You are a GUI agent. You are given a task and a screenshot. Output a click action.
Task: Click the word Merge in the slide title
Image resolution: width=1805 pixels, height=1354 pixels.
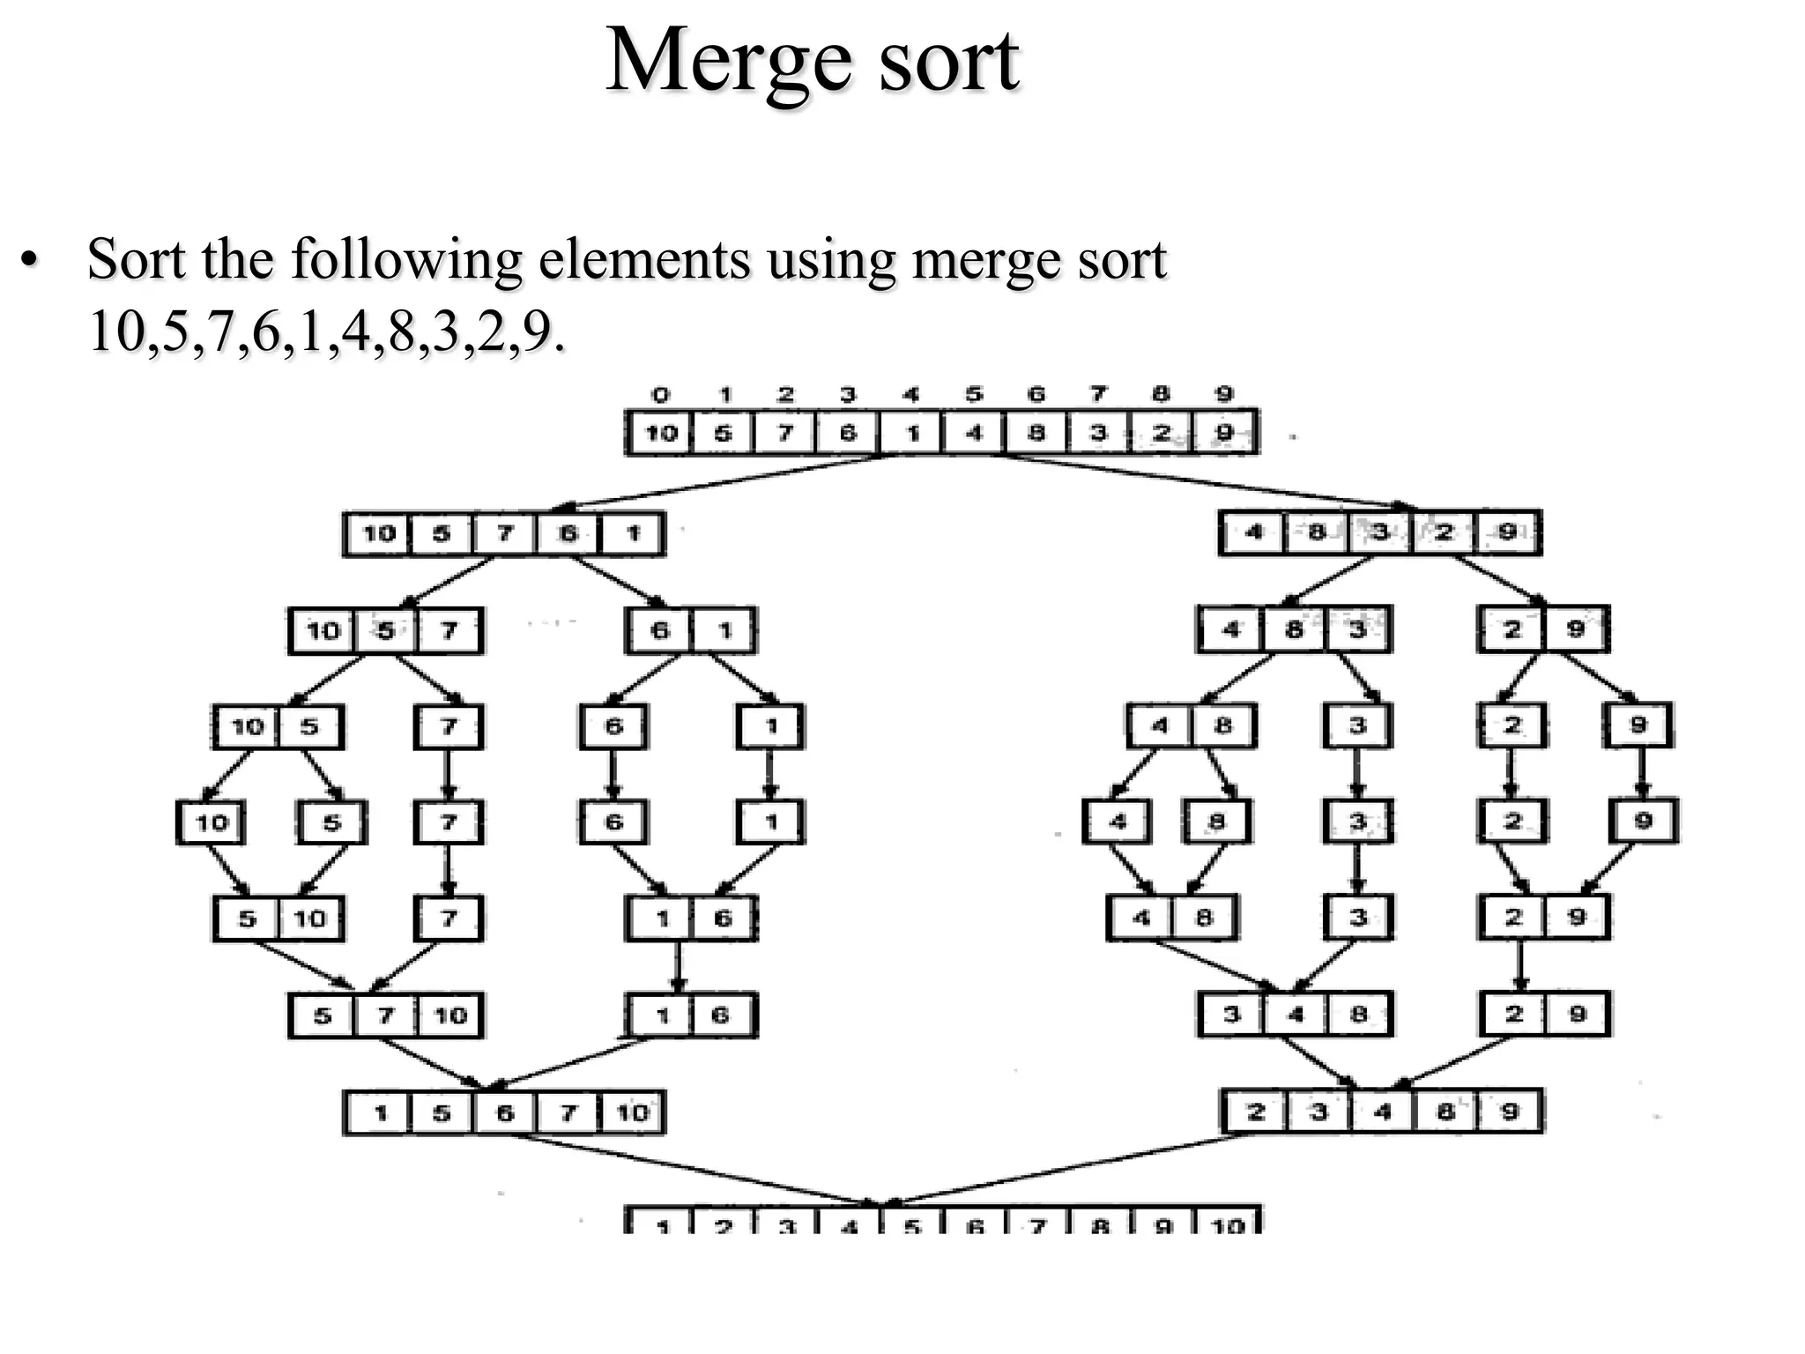pos(728,62)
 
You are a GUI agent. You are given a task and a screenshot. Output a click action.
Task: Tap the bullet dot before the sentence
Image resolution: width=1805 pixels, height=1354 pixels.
pos(30,261)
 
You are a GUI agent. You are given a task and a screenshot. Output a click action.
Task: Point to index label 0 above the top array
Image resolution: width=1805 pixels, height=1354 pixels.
pos(660,395)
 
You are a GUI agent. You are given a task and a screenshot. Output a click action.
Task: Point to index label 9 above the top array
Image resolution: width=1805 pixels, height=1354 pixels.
pos(1223,395)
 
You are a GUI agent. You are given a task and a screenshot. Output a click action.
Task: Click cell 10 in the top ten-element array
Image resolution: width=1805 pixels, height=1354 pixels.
pos(660,433)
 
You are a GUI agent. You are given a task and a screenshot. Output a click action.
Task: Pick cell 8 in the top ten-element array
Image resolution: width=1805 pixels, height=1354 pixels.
pos(1036,433)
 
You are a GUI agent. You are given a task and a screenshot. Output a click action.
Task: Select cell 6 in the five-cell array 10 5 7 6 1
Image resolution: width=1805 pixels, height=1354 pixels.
pos(568,533)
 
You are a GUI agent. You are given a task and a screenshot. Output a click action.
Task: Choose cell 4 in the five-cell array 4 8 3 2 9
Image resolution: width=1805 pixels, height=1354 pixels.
pos(1254,532)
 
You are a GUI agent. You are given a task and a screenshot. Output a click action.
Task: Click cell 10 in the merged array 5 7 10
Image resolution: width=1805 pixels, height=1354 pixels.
pos(450,1015)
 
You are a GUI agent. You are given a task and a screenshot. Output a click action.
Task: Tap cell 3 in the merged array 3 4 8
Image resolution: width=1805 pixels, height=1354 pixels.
pos(1231,1015)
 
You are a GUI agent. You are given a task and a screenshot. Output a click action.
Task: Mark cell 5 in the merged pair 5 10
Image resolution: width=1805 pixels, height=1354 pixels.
pos(247,919)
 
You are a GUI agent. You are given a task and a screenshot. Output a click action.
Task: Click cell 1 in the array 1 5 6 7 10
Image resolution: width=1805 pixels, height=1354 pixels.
pos(380,1112)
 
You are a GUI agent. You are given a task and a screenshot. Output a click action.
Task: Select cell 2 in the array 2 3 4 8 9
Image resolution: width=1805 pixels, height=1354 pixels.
pos(1256,1112)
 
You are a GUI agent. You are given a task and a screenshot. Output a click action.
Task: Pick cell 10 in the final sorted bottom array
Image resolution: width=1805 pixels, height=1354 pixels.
pos(1228,1224)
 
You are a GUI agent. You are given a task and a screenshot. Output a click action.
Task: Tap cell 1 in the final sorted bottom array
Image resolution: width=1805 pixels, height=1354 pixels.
pos(660,1224)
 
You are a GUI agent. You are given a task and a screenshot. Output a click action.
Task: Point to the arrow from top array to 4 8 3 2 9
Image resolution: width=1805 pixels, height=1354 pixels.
pos(1207,482)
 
